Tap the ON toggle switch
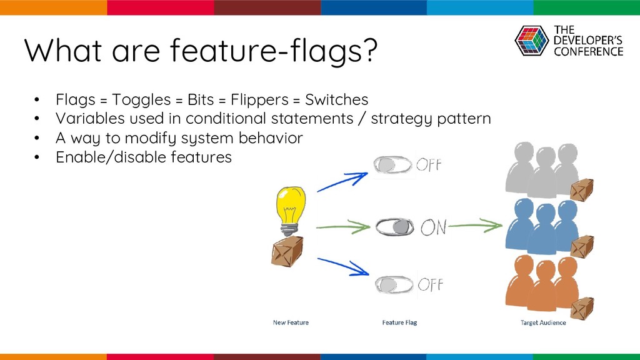click(x=394, y=226)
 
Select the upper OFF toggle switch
click(x=392, y=165)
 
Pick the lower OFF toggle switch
click(x=394, y=284)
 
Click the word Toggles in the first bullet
click(x=141, y=100)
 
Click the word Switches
click(x=337, y=99)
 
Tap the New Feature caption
click(x=291, y=322)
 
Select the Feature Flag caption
click(x=399, y=322)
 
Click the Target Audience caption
click(x=543, y=322)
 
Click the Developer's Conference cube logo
click(x=531, y=41)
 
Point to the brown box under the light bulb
click(x=287, y=251)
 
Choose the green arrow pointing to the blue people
click(x=476, y=225)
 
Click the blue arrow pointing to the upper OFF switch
click(x=342, y=182)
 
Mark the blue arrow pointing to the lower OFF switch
click(x=343, y=266)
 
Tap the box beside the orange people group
click(x=582, y=309)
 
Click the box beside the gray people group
click(x=582, y=190)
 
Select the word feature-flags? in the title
click(x=274, y=51)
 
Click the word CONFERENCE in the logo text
click(x=589, y=51)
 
